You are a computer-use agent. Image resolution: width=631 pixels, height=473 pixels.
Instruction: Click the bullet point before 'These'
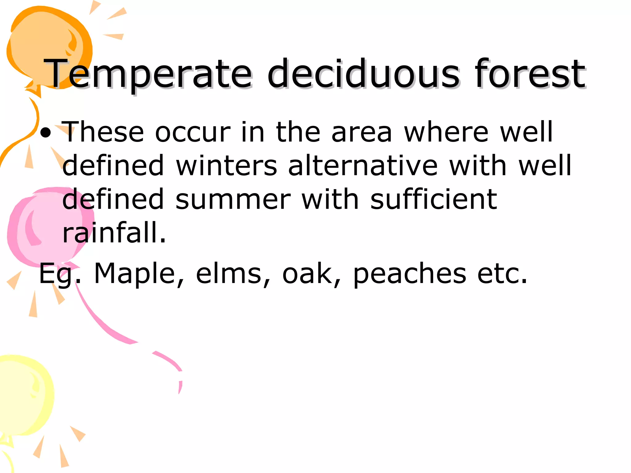coord(46,133)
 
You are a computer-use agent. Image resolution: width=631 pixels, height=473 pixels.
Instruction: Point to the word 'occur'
coord(193,132)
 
